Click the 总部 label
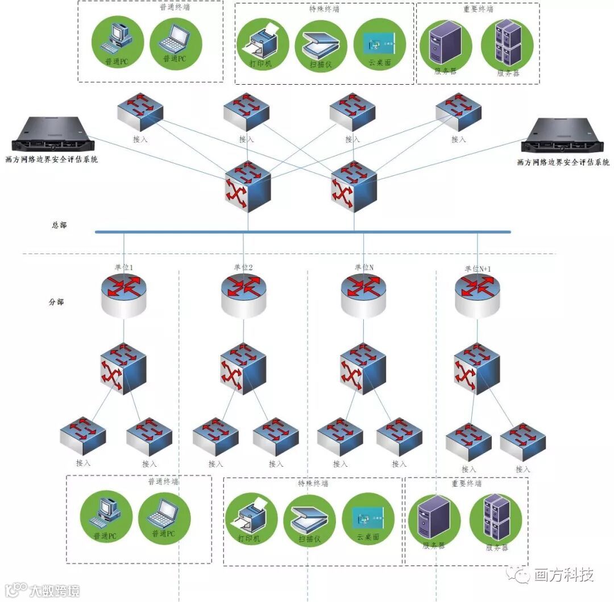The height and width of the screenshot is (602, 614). pos(59,225)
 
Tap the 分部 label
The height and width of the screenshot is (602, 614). pos(56,302)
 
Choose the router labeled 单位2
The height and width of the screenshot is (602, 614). pos(243,294)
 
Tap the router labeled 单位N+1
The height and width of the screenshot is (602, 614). pos(478,295)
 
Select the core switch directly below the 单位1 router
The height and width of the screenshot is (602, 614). pos(123,368)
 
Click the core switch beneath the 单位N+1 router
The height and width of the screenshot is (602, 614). pos(476,368)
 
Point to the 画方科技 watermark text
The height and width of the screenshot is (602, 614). pos(563,575)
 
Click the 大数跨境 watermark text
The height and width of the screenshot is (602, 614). pos(55,590)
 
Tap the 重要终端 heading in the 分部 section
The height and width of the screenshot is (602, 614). pos(466,483)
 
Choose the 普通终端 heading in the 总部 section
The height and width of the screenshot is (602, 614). pos(174,9)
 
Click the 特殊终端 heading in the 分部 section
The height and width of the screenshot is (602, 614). pos(313,483)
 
